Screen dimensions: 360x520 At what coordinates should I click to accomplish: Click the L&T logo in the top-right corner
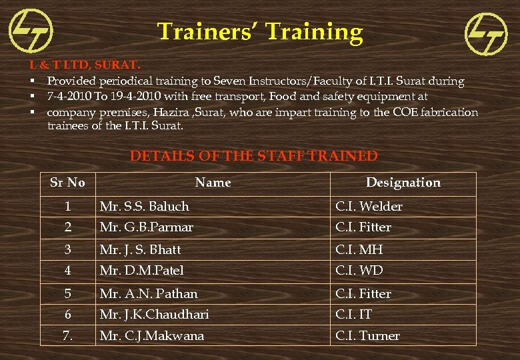pyautogui.click(x=485, y=35)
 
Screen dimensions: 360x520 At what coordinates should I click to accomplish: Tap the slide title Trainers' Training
pyautogui.click(x=260, y=31)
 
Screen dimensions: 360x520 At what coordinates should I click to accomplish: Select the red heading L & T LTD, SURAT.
pyautogui.click(x=85, y=65)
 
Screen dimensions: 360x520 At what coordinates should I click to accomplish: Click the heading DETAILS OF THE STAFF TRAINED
pyautogui.click(x=253, y=156)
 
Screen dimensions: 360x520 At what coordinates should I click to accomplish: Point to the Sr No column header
pyautogui.click(x=67, y=182)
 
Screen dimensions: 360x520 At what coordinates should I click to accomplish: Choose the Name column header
pyautogui.click(x=213, y=182)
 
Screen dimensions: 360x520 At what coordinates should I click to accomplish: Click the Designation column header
pyautogui.click(x=403, y=182)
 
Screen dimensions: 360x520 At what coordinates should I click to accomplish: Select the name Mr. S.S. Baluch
pyautogui.click(x=144, y=206)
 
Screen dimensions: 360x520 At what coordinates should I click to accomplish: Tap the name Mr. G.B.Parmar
pyautogui.click(x=146, y=227)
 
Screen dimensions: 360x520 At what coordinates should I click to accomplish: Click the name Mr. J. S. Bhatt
pyautogui.click(x=140, y=249)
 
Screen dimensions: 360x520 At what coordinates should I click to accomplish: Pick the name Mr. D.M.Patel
pyautogui.click(x=141, y=270)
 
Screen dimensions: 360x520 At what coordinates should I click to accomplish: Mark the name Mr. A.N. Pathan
pyautogui.click(x=149, y=293)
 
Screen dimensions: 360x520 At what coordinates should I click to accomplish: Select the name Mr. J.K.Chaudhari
pyautogui.click(x=154, y=314)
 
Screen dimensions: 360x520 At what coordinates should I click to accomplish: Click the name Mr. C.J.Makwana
pyautogui.click(x=151, y=335)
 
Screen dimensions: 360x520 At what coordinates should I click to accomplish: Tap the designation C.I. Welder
pyautogui.click(x=369, y=206)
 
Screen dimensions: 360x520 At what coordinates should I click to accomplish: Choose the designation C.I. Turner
pyautogui.click(x=367, y=335)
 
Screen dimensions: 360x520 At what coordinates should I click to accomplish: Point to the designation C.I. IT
pyautogui.click(x=353, y=314)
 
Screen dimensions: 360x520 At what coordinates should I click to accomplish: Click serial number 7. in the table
pyautogui.click(x=67, y=335)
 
